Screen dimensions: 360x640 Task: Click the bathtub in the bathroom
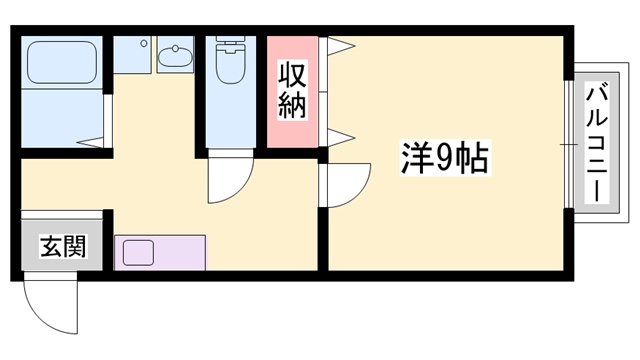pos(59,61)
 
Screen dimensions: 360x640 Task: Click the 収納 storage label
pos(291,91)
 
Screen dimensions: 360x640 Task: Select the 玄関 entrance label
pos(59,247)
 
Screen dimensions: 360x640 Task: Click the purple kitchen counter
pos(159,252)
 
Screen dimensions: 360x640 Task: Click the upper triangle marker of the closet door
pos(338,46)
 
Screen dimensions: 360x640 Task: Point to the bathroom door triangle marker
pos(98,140)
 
